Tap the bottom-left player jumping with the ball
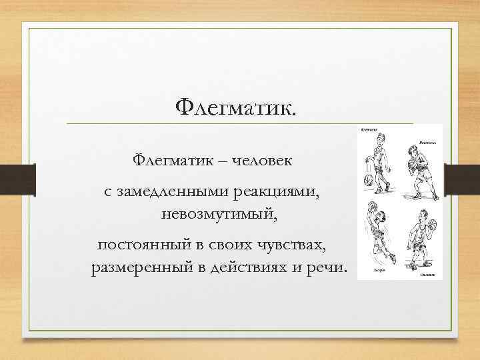click(378, 237)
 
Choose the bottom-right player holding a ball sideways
click(421, 240)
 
